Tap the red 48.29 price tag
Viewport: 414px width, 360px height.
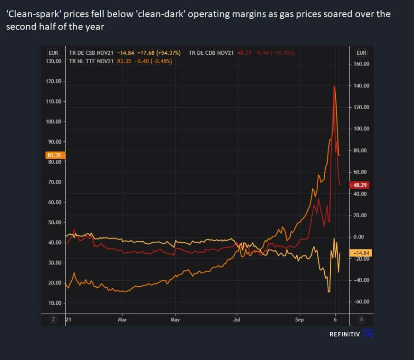click(x=360, y=185)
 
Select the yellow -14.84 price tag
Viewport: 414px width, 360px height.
click(x=360, y=253)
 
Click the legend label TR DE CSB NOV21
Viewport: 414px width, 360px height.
click(x=91, y=53)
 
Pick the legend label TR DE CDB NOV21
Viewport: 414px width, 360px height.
click(x=211, y=53)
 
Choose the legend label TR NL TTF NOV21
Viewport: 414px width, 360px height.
click(x=91, y=61)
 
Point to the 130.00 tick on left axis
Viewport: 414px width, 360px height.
click(x=54, y=61)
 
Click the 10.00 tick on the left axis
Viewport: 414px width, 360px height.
click(x=55, y=302)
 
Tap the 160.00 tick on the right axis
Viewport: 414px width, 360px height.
click(x=361, y=64)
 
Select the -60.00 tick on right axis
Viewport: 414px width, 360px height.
click(x=361, y=302)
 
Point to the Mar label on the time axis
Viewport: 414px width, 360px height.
click(x=122, y=319)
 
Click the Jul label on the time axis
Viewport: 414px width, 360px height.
click(x=237, y=319)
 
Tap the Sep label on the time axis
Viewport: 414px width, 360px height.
click(x=299, y=319)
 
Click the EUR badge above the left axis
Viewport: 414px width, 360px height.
click(x=53, y=52)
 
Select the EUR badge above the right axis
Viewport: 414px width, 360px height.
click(x=361, y=52)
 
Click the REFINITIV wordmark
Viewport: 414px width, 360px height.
click(x=345, y=334)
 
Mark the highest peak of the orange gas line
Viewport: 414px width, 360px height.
click(x=334, y=86)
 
